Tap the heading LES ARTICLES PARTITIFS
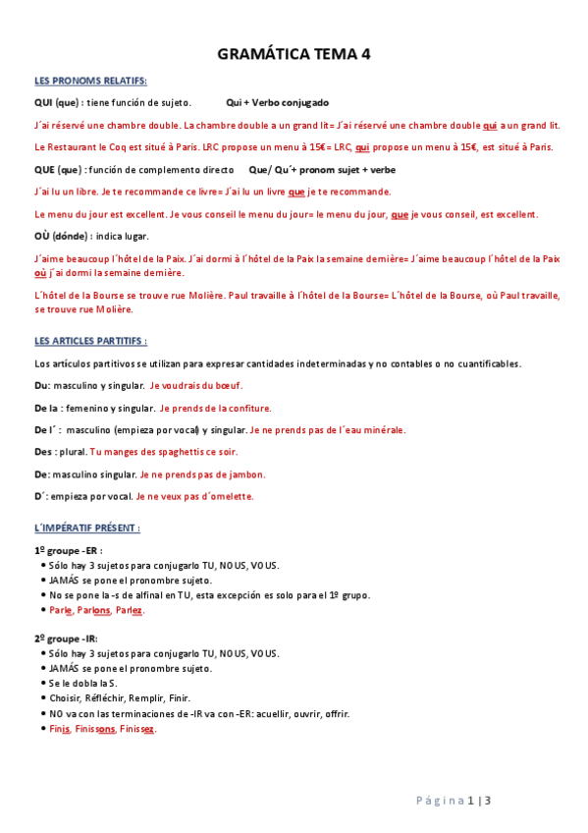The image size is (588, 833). pyautogui.click(x=90, y=342)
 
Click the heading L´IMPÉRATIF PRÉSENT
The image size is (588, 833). pyautogui.click(x=87, y=528)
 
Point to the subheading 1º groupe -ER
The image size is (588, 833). pyautogui.click(x=68, y=551)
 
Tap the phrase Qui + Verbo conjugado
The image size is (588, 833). pyautogui.click(x=277, y=102)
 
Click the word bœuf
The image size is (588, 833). pyautogui.click(x=228, y=386)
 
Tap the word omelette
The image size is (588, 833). pyautogui.click(x=234, y=496)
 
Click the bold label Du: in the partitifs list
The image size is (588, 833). pyautogui.click(x=41, y=386)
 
